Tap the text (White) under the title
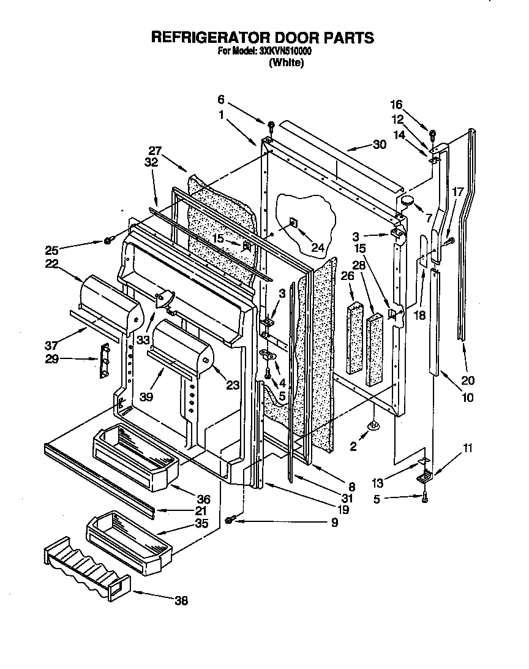(x=287, y=63)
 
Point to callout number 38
(x=181, y=600)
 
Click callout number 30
(x=380, y=145)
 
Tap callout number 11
(x=468, y=448)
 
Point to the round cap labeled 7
(x=407, y=200)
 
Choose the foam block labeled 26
(x=355, y=337)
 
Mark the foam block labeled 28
(x=375, y=350)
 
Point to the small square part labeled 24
(x=293, y=224)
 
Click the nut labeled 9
(x=229, y=520)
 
